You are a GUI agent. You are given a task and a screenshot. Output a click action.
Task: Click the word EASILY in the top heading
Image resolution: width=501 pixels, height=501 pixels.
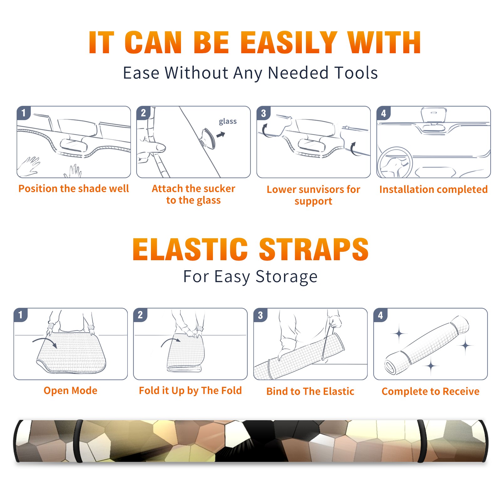(289, 43)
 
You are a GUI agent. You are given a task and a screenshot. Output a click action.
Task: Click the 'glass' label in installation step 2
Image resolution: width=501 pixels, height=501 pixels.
(228, 121)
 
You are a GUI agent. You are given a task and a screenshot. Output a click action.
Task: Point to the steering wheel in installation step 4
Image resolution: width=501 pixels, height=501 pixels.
(395, 163)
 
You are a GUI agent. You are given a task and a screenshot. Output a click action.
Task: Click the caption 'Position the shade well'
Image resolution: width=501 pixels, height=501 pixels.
(74, 189)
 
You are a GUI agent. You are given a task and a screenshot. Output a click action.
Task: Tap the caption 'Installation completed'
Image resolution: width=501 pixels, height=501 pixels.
(433, 189)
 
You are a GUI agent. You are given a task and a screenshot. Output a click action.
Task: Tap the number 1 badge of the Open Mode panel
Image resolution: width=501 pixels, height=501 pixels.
(21, 315)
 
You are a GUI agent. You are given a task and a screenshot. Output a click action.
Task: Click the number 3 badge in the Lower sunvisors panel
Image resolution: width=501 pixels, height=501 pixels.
(263, 113)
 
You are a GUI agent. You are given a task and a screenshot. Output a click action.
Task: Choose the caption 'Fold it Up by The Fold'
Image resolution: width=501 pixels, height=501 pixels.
(190, 391)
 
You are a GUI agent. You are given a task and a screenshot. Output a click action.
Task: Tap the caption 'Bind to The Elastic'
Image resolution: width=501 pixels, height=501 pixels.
(310, 391)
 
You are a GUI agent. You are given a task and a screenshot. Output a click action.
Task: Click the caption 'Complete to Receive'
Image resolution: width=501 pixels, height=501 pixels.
(431, 391)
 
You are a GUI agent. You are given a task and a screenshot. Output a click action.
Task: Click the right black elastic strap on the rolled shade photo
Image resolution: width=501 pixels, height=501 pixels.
(421, 441)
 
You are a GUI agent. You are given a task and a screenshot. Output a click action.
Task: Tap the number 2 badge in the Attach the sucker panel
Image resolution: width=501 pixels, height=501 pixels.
(143, 113)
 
